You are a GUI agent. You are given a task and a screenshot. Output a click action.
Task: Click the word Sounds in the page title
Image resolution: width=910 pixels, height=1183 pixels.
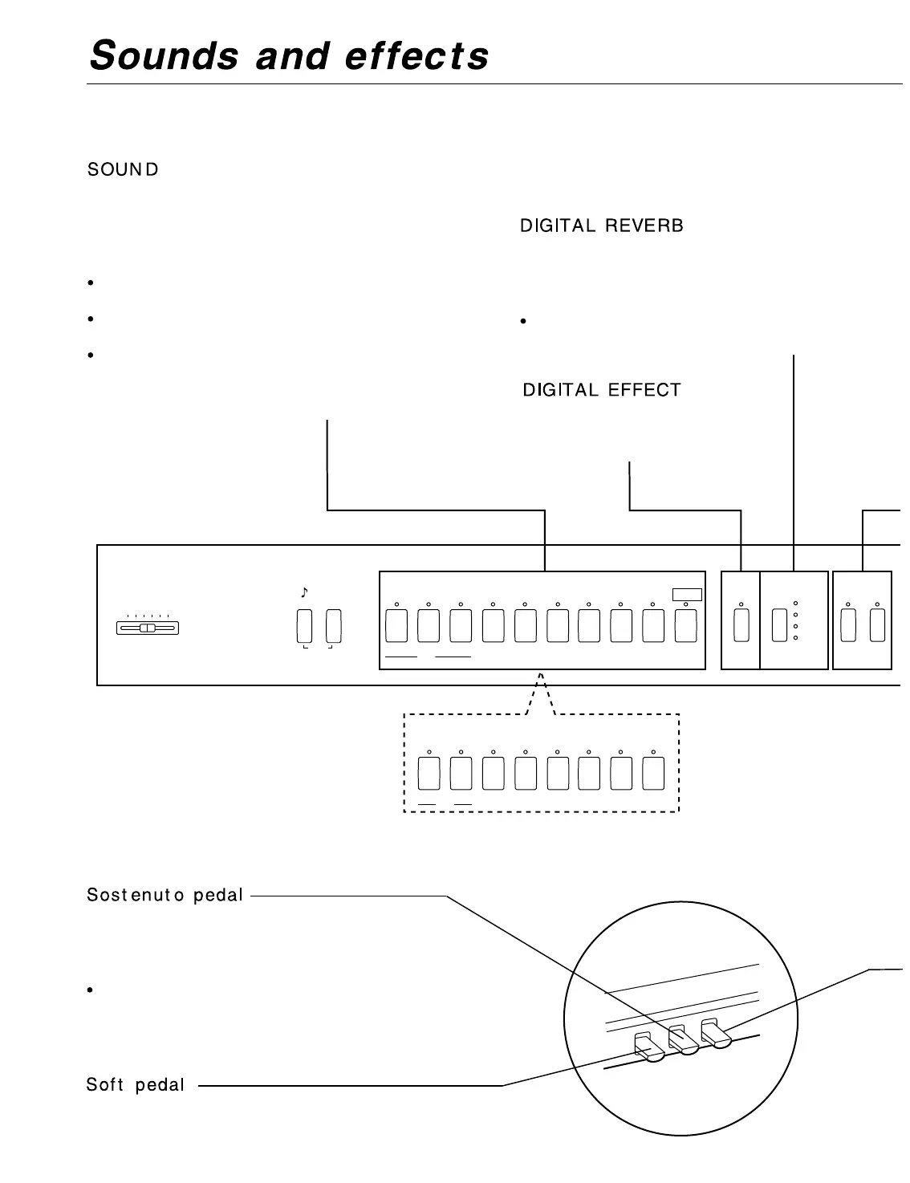coord(165,56)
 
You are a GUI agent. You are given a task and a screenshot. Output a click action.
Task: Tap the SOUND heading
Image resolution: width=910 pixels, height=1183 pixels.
coord(123,170)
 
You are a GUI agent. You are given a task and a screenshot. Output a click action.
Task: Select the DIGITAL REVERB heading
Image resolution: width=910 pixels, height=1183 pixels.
coord(602,226)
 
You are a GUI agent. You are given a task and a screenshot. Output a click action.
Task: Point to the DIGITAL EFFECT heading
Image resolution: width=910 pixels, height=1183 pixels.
coord(602,391)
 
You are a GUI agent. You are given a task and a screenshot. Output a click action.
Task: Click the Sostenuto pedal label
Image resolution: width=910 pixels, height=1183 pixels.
coord(165,895)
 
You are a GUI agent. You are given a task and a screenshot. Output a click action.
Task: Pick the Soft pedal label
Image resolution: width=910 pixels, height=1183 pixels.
coord(136,1085)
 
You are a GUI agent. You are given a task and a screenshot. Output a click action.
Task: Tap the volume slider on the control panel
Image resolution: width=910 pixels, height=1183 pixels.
coord(147,628)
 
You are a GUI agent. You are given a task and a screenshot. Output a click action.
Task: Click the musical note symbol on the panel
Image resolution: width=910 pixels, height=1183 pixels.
coord(304,593)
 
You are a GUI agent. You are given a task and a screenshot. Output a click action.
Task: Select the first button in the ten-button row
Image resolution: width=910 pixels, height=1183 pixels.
coord(396,627)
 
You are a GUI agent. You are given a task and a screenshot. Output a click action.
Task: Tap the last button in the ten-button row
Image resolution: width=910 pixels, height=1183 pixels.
coord(685,627)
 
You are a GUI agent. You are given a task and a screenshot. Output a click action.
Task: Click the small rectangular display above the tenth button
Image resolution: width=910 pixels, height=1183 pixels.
coord(687,595)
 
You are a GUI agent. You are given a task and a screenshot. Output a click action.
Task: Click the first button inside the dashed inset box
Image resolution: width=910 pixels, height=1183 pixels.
coord(429,774)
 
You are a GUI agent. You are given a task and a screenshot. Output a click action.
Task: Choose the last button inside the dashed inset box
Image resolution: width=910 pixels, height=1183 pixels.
coord(654,774)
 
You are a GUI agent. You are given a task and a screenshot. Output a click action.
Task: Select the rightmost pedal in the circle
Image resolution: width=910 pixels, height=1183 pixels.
coord(714,1033)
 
